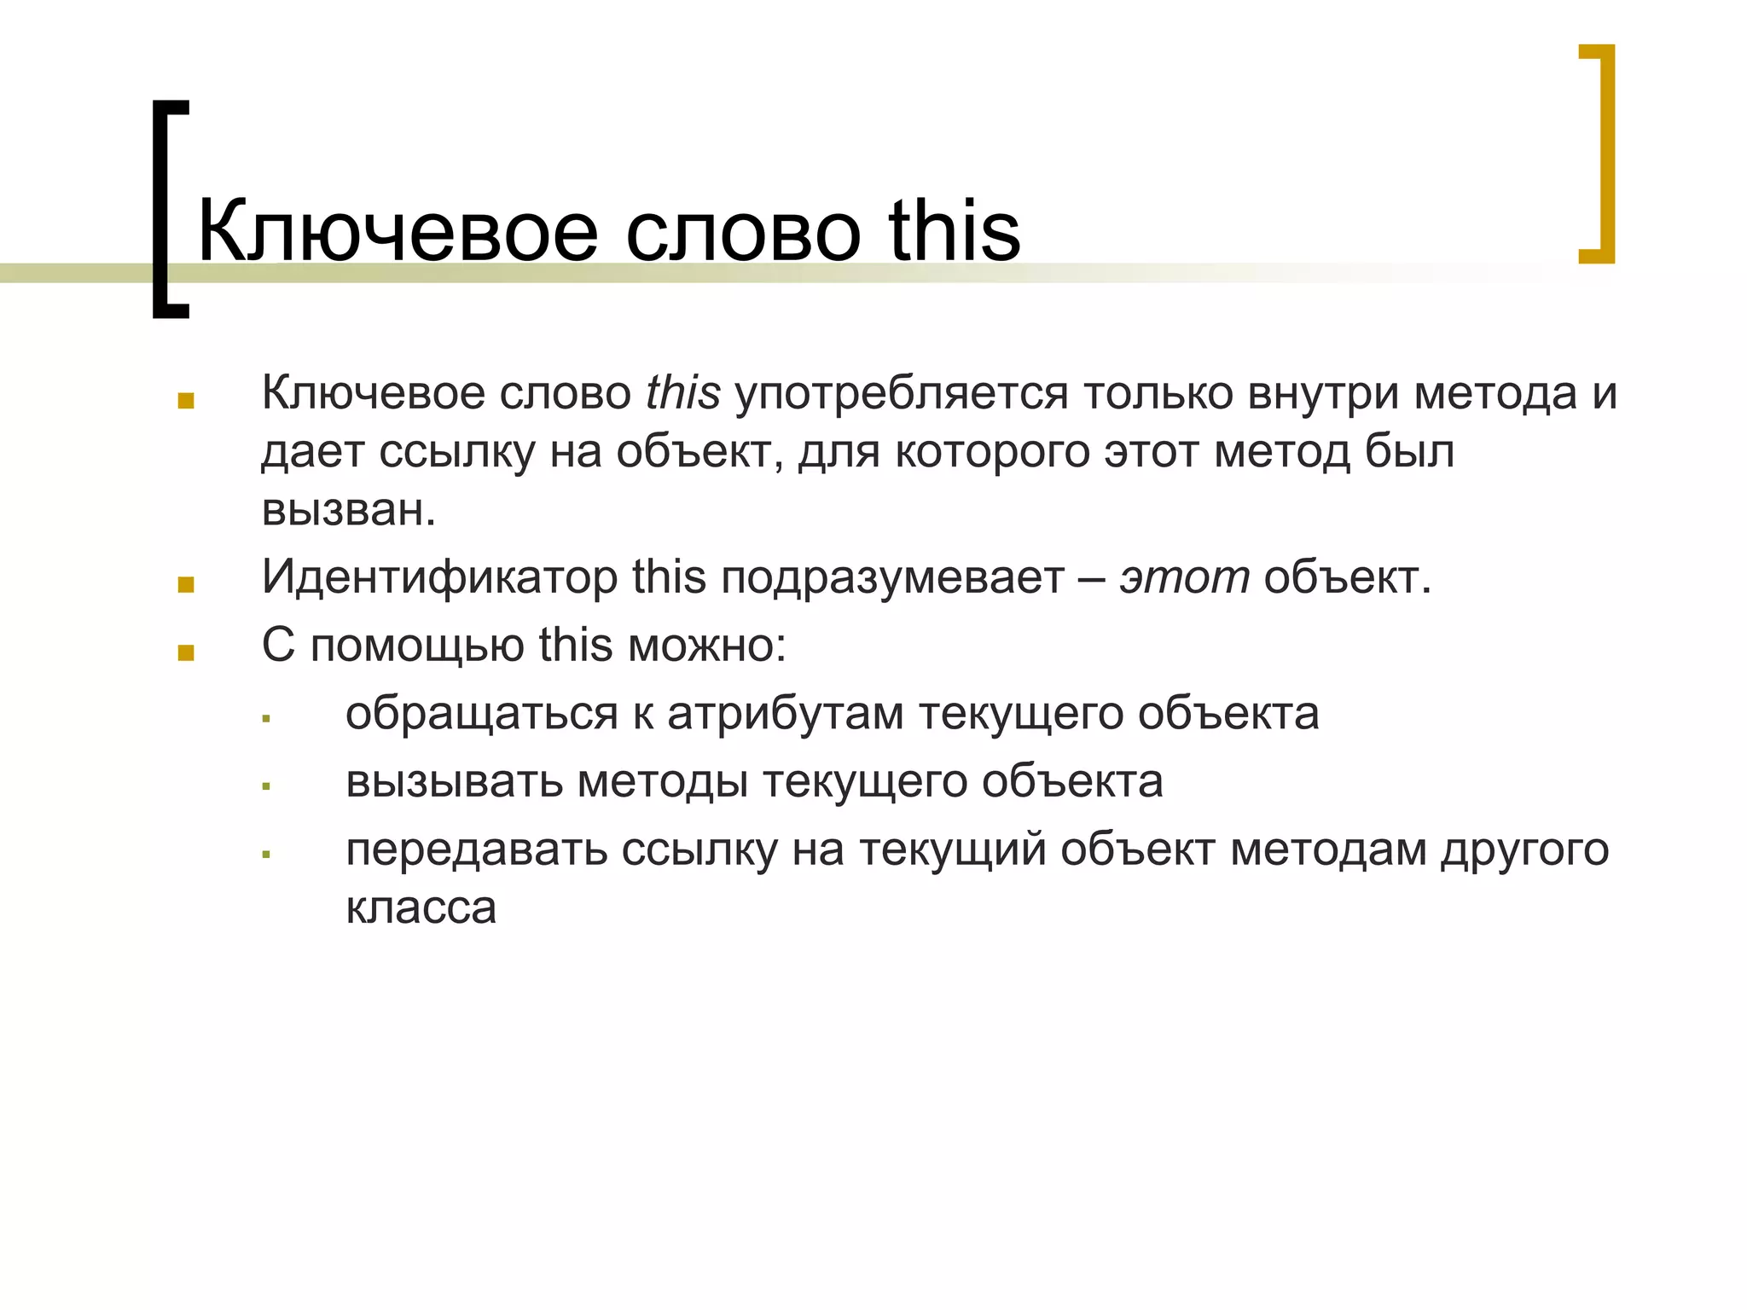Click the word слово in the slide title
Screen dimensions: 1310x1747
[742, 232]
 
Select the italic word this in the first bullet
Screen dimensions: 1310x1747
[682, 393]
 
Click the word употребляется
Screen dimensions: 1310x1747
[901, 395]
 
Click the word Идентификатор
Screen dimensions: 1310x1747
[439, 577]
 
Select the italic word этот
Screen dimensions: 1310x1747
[1184, 577]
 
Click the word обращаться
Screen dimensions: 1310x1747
[481, 715]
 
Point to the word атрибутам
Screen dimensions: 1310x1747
[785, 715]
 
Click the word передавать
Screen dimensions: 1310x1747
[476, 850]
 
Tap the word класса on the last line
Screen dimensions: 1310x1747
[421, 907]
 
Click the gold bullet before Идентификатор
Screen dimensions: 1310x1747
[186, 585]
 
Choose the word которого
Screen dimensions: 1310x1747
[992, 452]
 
